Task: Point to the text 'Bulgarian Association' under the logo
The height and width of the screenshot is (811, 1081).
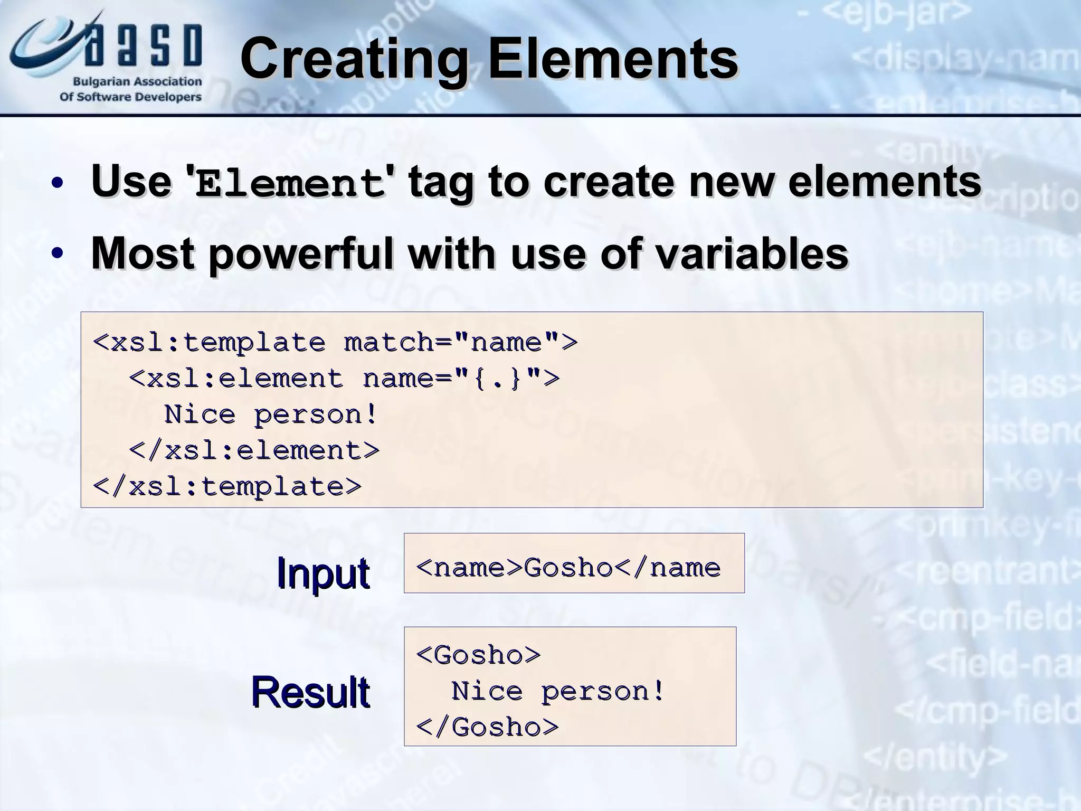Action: click(x=137, y=82)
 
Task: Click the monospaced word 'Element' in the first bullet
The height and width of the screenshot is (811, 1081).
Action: click(x=290, y=184)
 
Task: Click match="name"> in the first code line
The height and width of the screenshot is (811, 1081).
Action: click(x=461, y=342)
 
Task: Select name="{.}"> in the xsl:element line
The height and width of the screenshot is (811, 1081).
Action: click(x=461, y=379)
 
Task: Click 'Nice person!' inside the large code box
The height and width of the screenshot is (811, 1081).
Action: click(x=271, y=414)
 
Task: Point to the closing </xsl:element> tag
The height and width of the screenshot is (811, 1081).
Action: click(x=254, y=450)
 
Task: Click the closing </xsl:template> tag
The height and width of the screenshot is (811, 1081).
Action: click(x=227, y=486)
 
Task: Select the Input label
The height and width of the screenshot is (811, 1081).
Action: click(x=323, y=573)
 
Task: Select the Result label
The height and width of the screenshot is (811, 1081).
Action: click(x=310, y=692)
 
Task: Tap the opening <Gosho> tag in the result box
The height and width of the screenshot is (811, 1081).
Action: click(x=478, y=655)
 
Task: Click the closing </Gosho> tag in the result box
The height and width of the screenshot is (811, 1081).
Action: click(x=487, y=727)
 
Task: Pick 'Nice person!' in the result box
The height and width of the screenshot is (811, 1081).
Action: click(x=558, y=691)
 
